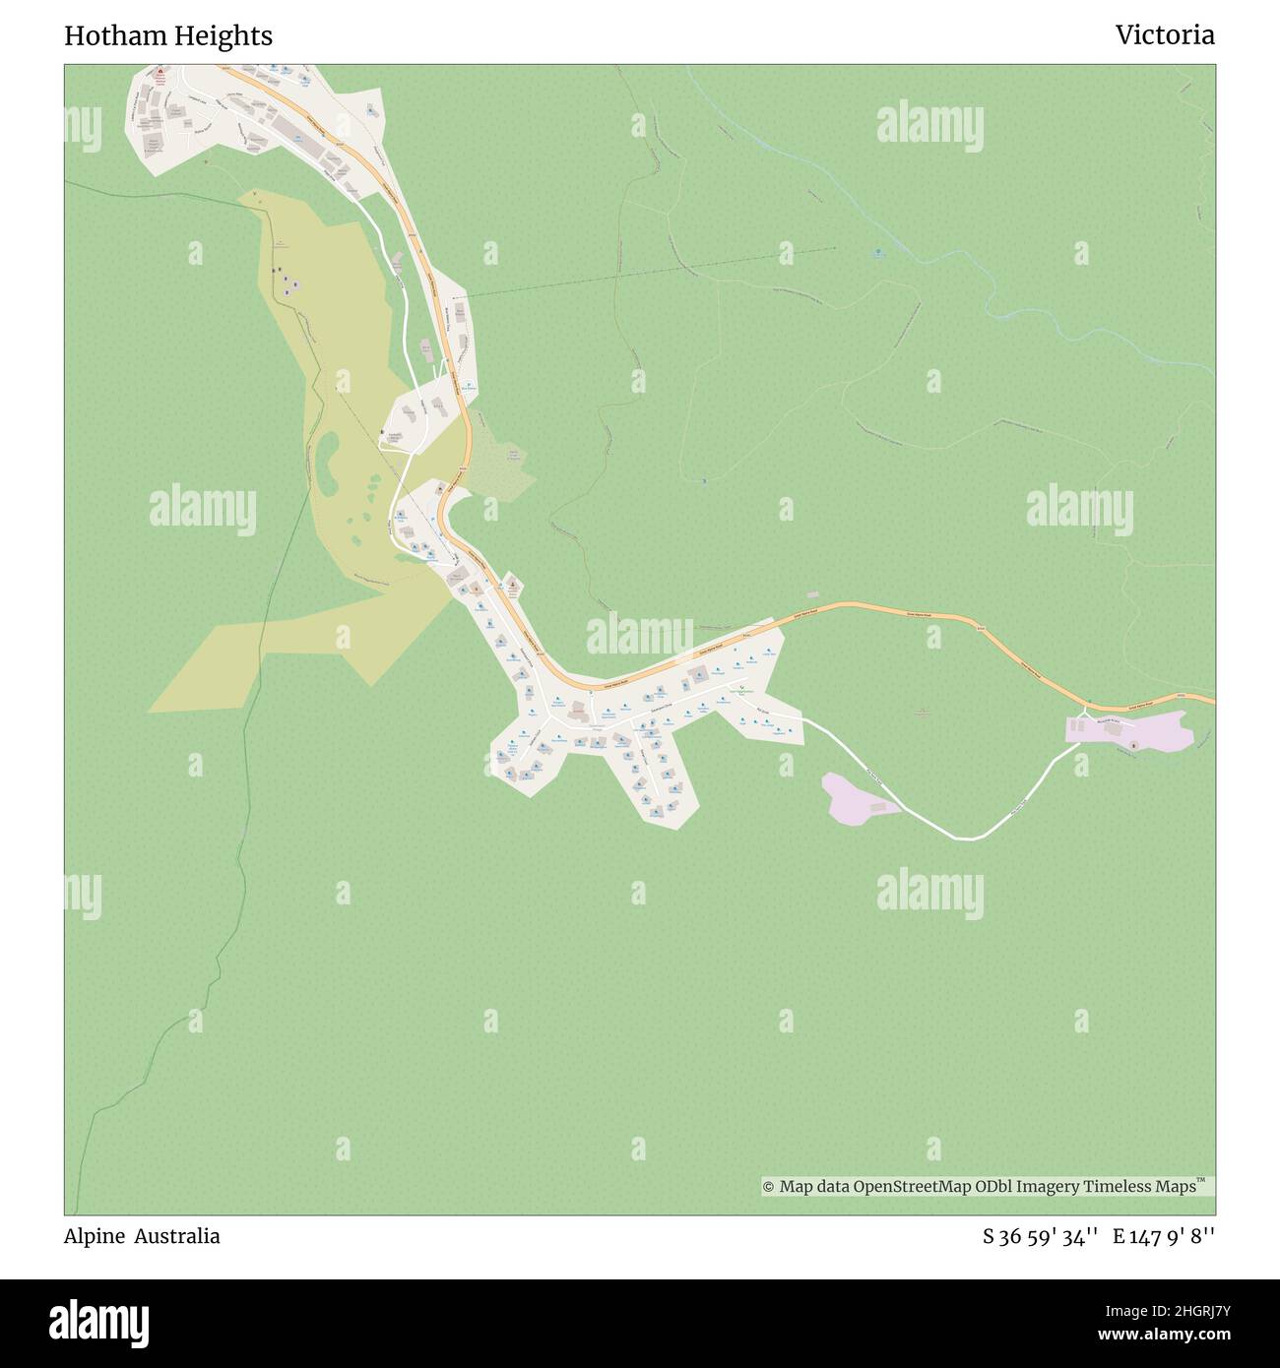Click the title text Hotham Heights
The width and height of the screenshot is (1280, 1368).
click(168, 36)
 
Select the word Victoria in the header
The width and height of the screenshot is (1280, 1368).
click(1164, 36)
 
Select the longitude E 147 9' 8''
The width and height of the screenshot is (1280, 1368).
click(1164, 1237)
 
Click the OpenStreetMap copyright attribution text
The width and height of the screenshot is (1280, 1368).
click(988, 1187)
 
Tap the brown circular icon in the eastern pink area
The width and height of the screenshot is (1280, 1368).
click(1133, 745)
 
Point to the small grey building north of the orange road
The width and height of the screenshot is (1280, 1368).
click(812, 594)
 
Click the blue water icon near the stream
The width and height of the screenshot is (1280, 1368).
click(878, 253)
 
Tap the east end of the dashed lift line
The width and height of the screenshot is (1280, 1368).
click(835, 248)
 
